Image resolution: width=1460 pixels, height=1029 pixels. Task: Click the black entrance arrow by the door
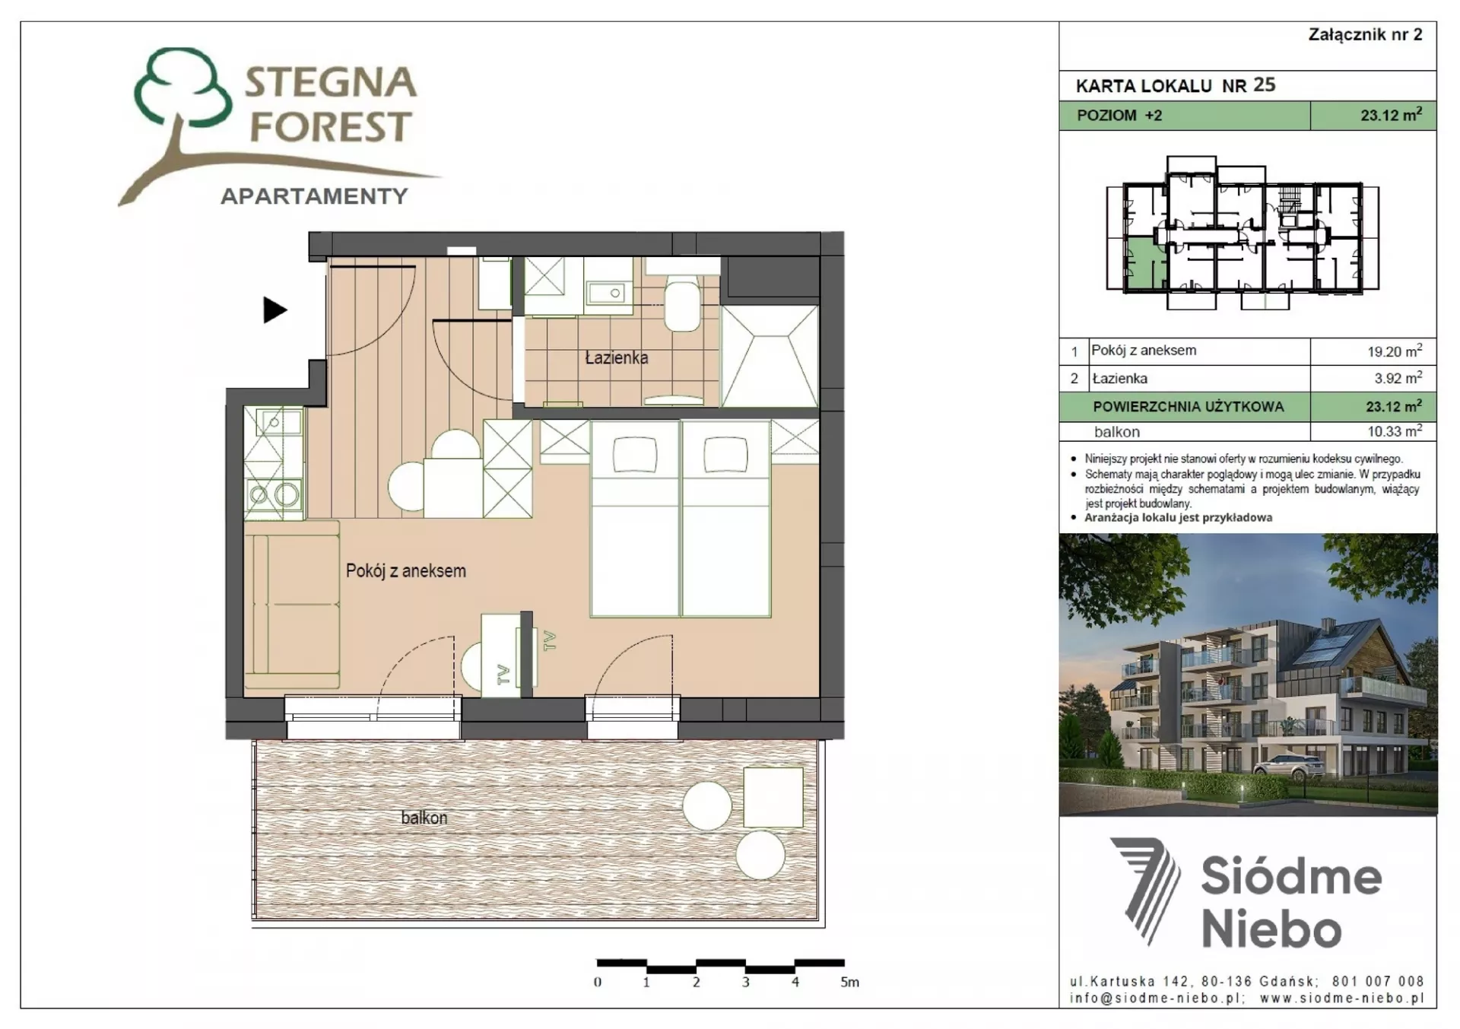[275, 310]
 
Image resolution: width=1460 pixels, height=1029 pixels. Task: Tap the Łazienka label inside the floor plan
[617, 357]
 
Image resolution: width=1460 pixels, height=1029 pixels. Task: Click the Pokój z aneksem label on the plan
[406, 570]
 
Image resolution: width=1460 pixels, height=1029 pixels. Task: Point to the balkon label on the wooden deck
[424, 818]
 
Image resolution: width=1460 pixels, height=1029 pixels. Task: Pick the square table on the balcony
[773, 797]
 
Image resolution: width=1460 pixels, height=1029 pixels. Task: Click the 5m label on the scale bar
[849, 983]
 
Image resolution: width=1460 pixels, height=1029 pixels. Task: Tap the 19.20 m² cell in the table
[1395, 351]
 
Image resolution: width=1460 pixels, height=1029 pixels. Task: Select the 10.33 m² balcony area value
[1395, 431]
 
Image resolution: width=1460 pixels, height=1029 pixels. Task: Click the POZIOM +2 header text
[1119, 116]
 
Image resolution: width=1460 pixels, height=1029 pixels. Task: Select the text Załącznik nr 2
[1365, 34]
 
